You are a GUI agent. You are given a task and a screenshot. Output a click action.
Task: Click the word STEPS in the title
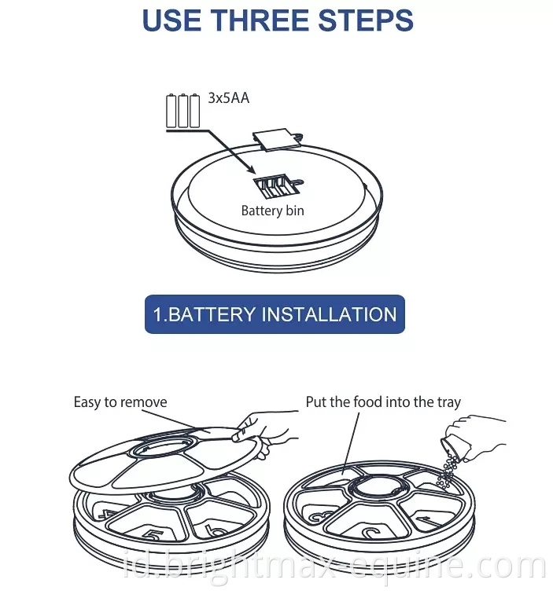click(366, 20)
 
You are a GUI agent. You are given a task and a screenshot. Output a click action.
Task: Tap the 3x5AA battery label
click(229, 98)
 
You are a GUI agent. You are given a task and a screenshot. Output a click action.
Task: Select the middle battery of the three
click(182, 111)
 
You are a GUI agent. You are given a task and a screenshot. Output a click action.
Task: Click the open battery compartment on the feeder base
click(276, 185)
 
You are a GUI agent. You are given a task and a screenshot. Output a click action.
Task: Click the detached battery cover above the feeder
click(277, 139)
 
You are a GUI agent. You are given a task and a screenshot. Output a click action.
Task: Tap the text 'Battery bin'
click(273, 211)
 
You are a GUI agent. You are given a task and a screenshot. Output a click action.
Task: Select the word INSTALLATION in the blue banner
click(330, 315)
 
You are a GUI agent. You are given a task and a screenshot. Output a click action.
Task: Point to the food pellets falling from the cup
click(448, 472)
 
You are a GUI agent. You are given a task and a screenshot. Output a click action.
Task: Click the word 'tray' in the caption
click(449, 403)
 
